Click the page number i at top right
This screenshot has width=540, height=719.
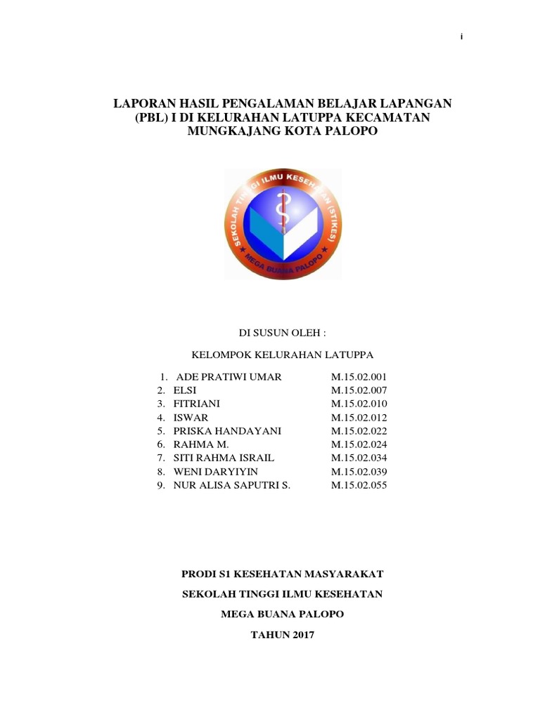pos(461,37)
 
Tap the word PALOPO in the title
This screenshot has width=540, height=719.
pos(346,132)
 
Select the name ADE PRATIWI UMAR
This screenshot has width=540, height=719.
pos(229,377)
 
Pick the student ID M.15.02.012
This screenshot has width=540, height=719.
pos(359,418)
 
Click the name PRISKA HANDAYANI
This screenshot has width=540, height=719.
pos(227,431)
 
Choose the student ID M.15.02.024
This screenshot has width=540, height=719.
pos(359,444)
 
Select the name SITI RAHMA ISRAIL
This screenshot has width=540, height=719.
pos(224,458)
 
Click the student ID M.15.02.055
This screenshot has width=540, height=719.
pos(359,485)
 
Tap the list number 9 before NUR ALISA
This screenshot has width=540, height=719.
pos(161,485)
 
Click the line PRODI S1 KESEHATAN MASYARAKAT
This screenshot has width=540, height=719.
pos(282,574)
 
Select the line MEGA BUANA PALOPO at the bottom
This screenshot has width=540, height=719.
pos(282,614)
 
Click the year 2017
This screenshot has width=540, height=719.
pos(300,635)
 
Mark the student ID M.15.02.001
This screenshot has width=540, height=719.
pos(359,377)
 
